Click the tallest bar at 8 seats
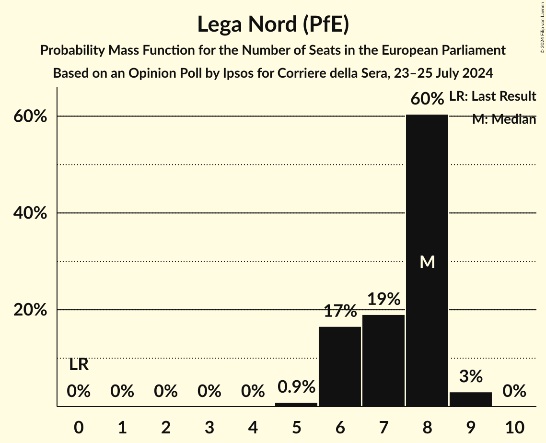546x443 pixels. point(427,201)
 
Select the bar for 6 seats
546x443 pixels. point(340,367)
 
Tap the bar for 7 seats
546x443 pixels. point(383,361)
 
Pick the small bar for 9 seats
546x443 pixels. point(471,399)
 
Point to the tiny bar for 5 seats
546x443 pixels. point(296,404)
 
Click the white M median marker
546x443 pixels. point(427,262)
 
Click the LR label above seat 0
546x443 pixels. point(79,365)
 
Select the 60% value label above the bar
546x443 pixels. point(427,99)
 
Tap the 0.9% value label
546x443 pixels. point(296,386)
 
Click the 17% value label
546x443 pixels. point(340,311)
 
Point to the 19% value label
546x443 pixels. point(383,299)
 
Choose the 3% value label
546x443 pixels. point(471,376)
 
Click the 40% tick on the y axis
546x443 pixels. point(30,213)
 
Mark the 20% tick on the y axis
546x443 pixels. point(30,310)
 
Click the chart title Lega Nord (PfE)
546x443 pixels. point(273,24)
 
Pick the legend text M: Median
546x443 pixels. point(504,119)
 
